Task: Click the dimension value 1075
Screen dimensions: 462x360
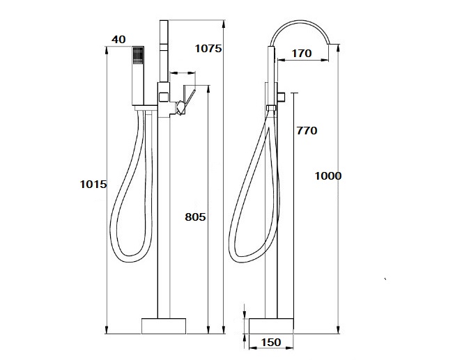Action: pyautogui.click(x=208, y=48)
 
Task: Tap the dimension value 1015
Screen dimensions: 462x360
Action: pyautogui.click(x=93, y=185)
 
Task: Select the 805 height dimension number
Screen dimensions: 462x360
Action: pyautogui.click(x=195, y=217)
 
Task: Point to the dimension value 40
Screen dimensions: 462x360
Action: pyautogui.click(x=118, y=40)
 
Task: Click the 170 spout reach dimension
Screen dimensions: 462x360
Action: pyautogui.click(x=302, y=54)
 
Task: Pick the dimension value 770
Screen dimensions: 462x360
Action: pyautogui.click(x=307, y=131)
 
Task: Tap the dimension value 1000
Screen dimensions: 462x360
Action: pyautogui.click(x=328, y=176)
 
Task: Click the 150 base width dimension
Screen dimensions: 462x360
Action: pyautogui.click(x=271, y=343)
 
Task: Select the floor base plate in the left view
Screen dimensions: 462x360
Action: pyautogui.click(x=164, y=326)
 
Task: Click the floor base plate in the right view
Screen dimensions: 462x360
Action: pyautogui.click(x=271, y=326)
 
